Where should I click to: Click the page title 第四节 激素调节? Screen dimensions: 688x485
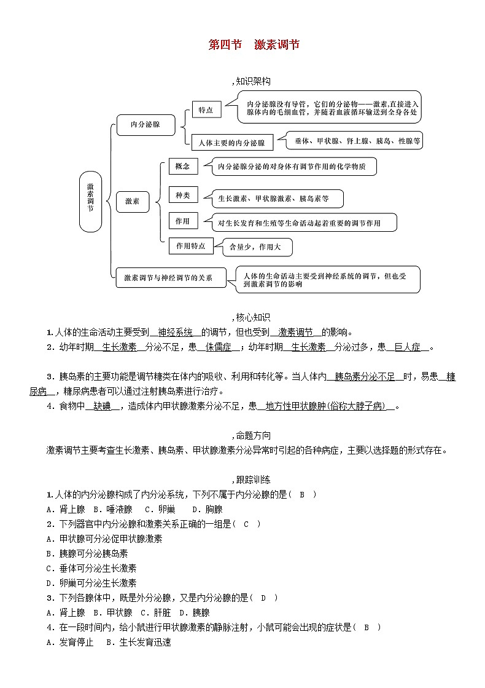coord(254,45)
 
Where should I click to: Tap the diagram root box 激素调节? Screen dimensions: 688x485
coord(90,201)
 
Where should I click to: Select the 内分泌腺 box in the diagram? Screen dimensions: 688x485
coord(145,124)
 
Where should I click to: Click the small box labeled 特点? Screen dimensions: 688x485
coord(206,109)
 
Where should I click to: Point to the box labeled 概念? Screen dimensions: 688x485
coord(183,167)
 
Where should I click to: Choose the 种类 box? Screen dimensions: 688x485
coord(183,196)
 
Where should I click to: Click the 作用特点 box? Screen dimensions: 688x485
coord(190,246)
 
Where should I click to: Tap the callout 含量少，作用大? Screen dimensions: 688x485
coord(256,247)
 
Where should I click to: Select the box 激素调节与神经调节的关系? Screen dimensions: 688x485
coord(168,278)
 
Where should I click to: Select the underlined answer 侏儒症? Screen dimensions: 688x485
coord(218,347)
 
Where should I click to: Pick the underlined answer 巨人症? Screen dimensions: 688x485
coord(408,347)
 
